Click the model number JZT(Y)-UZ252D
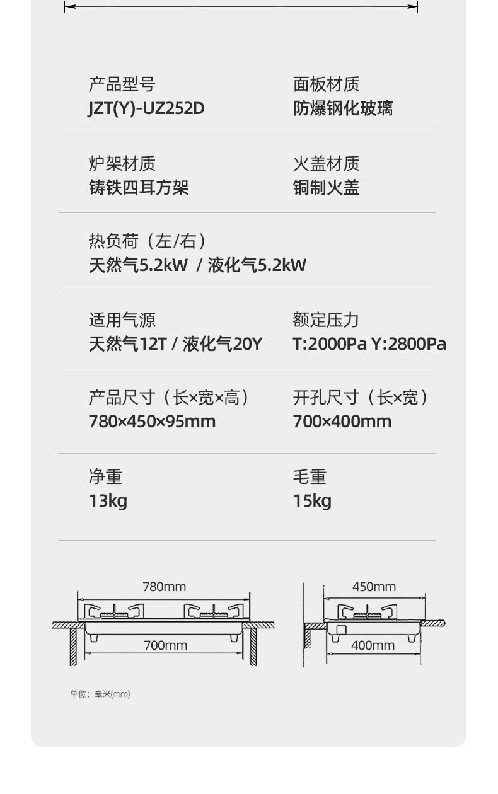(146, 108)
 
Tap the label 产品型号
(122, 84)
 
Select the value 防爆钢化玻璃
(342, 108)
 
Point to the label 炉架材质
(122, 164)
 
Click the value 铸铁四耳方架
(138, 188)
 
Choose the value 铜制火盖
(326, 188)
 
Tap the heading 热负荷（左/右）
(148, 241)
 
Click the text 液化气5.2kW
(257, 265)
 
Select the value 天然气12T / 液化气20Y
(175, 344)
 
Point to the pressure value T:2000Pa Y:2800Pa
(369, 344)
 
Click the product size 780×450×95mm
(152, 421)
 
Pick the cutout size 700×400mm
(342, 421)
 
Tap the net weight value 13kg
(108, 501)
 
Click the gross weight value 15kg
(312, 501)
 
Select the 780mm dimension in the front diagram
(164, 587)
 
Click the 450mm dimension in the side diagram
(374, 587)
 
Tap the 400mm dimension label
(373, 645)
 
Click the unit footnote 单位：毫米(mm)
(100, 694)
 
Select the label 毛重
(310, 477)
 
